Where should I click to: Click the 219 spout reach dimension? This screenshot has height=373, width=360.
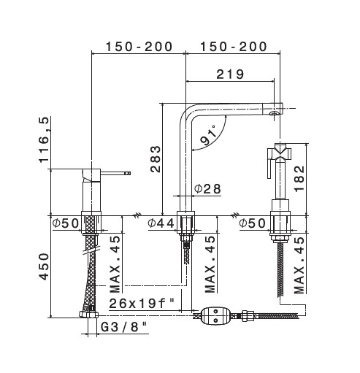[230, 74]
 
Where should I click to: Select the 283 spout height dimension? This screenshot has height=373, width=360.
[156, 159]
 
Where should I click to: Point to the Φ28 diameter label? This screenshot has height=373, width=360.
[207, 188]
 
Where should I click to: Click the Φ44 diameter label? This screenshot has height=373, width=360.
[161, 223]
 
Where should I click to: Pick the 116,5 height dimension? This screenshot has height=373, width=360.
[44, 139]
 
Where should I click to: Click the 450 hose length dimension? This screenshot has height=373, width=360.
[44, 266]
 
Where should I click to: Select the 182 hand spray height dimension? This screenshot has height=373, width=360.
[299, 178]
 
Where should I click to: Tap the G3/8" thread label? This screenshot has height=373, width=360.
[124, 327]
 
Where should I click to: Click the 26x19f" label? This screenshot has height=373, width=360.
[142, 304]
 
